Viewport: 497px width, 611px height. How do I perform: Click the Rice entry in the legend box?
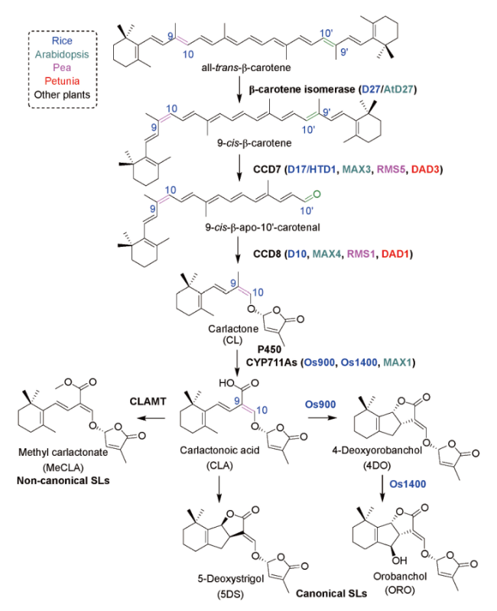click(62, 41)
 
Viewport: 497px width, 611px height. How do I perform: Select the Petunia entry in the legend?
click(62, 81)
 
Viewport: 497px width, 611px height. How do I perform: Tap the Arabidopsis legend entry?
click(62, 54)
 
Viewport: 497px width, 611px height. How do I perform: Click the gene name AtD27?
click(398, 89)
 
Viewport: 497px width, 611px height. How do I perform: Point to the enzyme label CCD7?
click(267, 169)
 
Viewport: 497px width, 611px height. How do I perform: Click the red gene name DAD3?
click(425, 169)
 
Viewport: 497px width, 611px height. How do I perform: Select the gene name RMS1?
click(361, 254)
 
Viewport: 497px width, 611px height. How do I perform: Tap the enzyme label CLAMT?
click(148, 401)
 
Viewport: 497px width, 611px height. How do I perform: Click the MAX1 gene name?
click(398, 362)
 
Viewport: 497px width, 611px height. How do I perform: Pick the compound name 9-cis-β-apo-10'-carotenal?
click(262, 227)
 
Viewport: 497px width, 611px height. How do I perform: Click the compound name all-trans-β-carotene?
click(245, 68)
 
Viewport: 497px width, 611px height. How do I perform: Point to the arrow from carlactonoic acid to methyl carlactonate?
click(153, 418)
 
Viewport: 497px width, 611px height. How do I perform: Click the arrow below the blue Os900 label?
click(322, 418)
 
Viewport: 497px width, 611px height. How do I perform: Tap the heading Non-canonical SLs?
click(63, 480)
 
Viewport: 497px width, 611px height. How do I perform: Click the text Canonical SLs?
click(331, 593)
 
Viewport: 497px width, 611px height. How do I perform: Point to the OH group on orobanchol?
click(399, 561)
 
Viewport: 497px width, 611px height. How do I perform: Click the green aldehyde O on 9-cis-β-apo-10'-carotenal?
click(317, 194)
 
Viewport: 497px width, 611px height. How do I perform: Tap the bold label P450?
click(269, 349)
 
